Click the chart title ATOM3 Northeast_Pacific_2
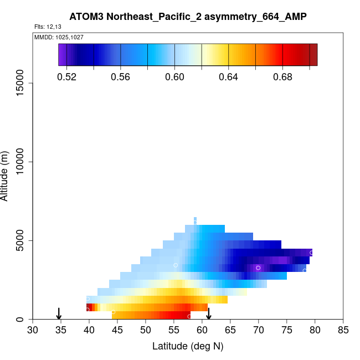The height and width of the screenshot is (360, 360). click(188, 17)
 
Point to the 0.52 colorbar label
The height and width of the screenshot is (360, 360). click(66, 77)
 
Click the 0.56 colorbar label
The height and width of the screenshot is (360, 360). click(121, 77)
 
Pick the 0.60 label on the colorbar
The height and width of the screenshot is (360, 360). click(175, 77)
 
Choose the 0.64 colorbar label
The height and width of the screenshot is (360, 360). click(229, 77)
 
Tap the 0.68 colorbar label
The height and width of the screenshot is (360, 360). click(283, 77)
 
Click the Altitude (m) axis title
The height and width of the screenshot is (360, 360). click(6, 174)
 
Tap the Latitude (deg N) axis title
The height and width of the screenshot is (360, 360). click(188, 346)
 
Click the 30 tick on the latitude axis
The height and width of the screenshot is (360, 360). click(33, 331)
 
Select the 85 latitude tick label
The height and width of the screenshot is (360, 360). click(343, 331)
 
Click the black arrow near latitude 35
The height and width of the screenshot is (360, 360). click(59, 313)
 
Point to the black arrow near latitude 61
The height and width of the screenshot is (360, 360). click(209, 313)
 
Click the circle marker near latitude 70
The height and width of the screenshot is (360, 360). click(258, 268)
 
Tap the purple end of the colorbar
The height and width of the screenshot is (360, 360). click(62, 55)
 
